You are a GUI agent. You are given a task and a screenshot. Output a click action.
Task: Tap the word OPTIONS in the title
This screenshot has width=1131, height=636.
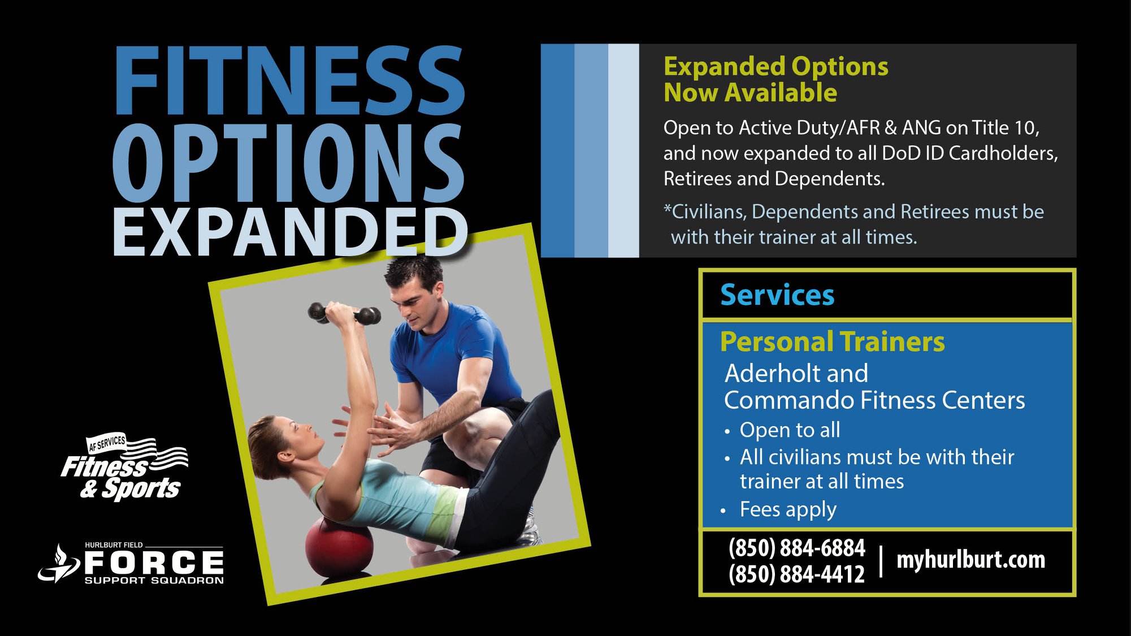pos(288,162)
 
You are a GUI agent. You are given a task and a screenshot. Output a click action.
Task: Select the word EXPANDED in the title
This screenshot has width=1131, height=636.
pos(290,232)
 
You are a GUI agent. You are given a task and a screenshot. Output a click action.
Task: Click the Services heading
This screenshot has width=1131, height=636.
pos(777,295)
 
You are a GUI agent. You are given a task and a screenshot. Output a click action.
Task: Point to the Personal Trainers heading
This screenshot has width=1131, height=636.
pos(832,341)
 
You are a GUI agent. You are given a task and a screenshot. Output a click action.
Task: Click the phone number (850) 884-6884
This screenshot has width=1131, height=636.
pos(797,547)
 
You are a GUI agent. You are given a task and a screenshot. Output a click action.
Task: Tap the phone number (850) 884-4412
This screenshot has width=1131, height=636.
pos(797,574)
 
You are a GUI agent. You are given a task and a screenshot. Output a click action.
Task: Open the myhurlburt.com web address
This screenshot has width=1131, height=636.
pos(970,560)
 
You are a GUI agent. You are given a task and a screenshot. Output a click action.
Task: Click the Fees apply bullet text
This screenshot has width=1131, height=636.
pos(788,510)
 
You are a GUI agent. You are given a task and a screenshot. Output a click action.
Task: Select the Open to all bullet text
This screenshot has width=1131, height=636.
pos(790,430)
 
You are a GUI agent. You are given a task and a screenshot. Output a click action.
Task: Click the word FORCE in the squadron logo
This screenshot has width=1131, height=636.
pos(154,563)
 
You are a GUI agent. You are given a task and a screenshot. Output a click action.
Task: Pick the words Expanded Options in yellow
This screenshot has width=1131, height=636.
pos(775,66)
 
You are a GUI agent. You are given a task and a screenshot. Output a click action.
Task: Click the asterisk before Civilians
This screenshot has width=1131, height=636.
pos(667,208)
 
